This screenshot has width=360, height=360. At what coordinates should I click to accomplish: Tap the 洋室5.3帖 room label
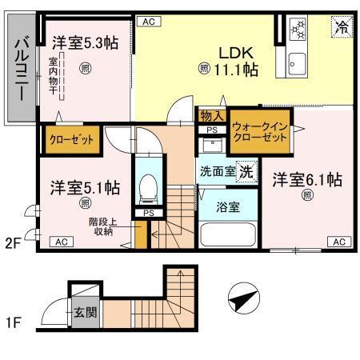(86, 42)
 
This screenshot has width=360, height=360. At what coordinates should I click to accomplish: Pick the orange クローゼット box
(71, 139)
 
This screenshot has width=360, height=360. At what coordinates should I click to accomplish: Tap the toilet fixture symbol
(148, 190)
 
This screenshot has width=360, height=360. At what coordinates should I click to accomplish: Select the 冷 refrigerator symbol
(340, 26)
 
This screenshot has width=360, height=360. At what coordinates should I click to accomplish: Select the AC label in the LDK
(147, 22)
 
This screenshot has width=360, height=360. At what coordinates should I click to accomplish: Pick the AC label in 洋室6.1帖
(338, 242)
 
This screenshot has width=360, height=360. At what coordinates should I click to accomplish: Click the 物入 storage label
(212, 116)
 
